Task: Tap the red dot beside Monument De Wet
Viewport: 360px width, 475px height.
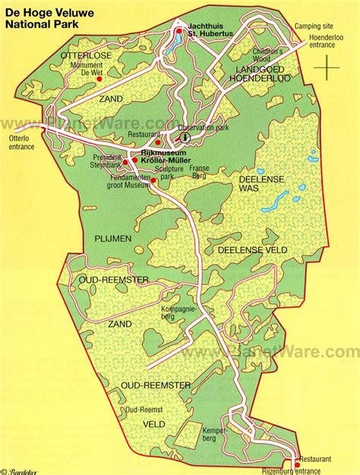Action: [x=111, y=76]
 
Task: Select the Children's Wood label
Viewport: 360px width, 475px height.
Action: [x=268, y=55]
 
